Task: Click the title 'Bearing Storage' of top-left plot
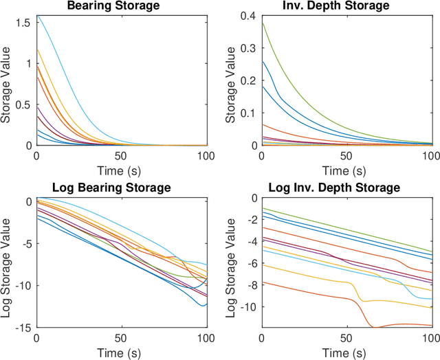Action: tap(121, 6)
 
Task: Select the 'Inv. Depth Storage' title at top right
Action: tap(346, 6)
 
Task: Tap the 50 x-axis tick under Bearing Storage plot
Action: tap(121, 155)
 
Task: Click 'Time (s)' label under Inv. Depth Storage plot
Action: tap(346, 169)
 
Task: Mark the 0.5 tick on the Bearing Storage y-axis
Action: tap(25, 104)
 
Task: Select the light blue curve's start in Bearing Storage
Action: tap(36, 16)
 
